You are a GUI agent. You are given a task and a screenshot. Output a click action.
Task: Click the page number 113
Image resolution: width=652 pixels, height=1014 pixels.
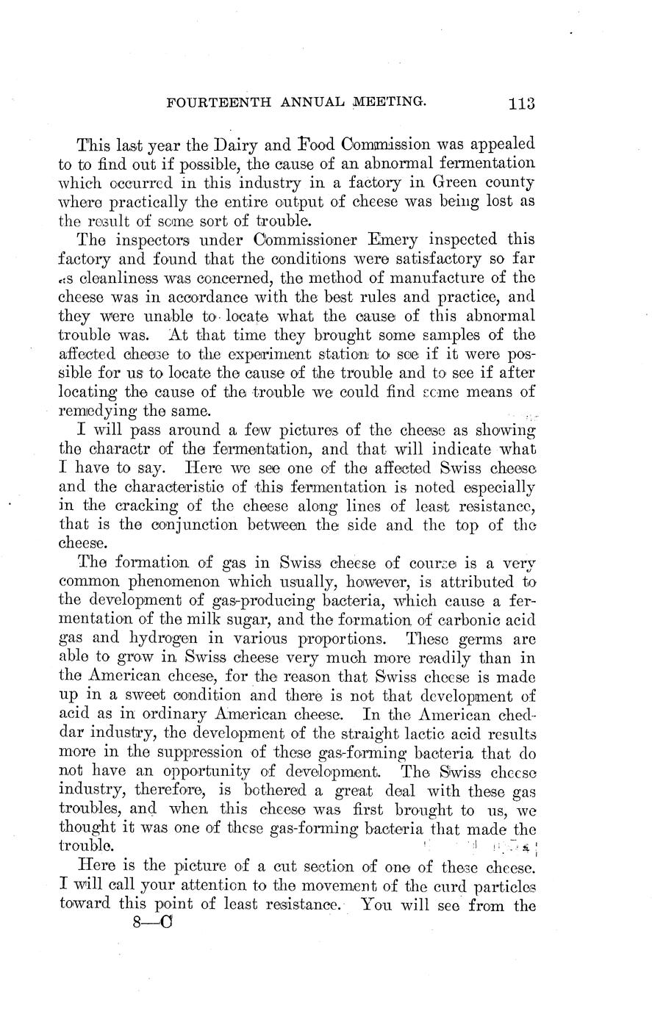coord(520,104)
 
